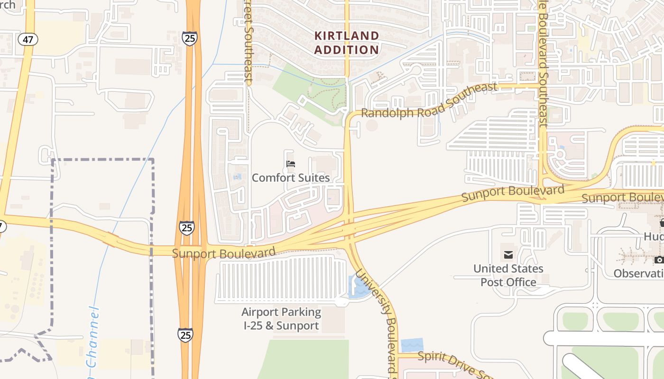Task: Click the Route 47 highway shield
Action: click(28, 39)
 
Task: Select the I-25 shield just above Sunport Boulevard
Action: click(186, 228)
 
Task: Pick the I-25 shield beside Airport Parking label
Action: click(185, 335)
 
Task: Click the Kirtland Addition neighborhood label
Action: click(347, 43)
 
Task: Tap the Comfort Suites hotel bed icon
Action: click(291, 164)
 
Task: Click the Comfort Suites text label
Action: click(290, 178)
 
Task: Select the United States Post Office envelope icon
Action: click(508, 255)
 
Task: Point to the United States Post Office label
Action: click(508, 275)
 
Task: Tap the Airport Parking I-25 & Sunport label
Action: click(281, 319)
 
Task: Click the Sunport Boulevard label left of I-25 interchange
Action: click(223, 253)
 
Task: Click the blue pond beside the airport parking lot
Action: click(359, 287)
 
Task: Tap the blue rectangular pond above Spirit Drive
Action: click(411, 345)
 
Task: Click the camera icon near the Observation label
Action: click(659, 260)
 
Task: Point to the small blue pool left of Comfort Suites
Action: click(237, 177)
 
